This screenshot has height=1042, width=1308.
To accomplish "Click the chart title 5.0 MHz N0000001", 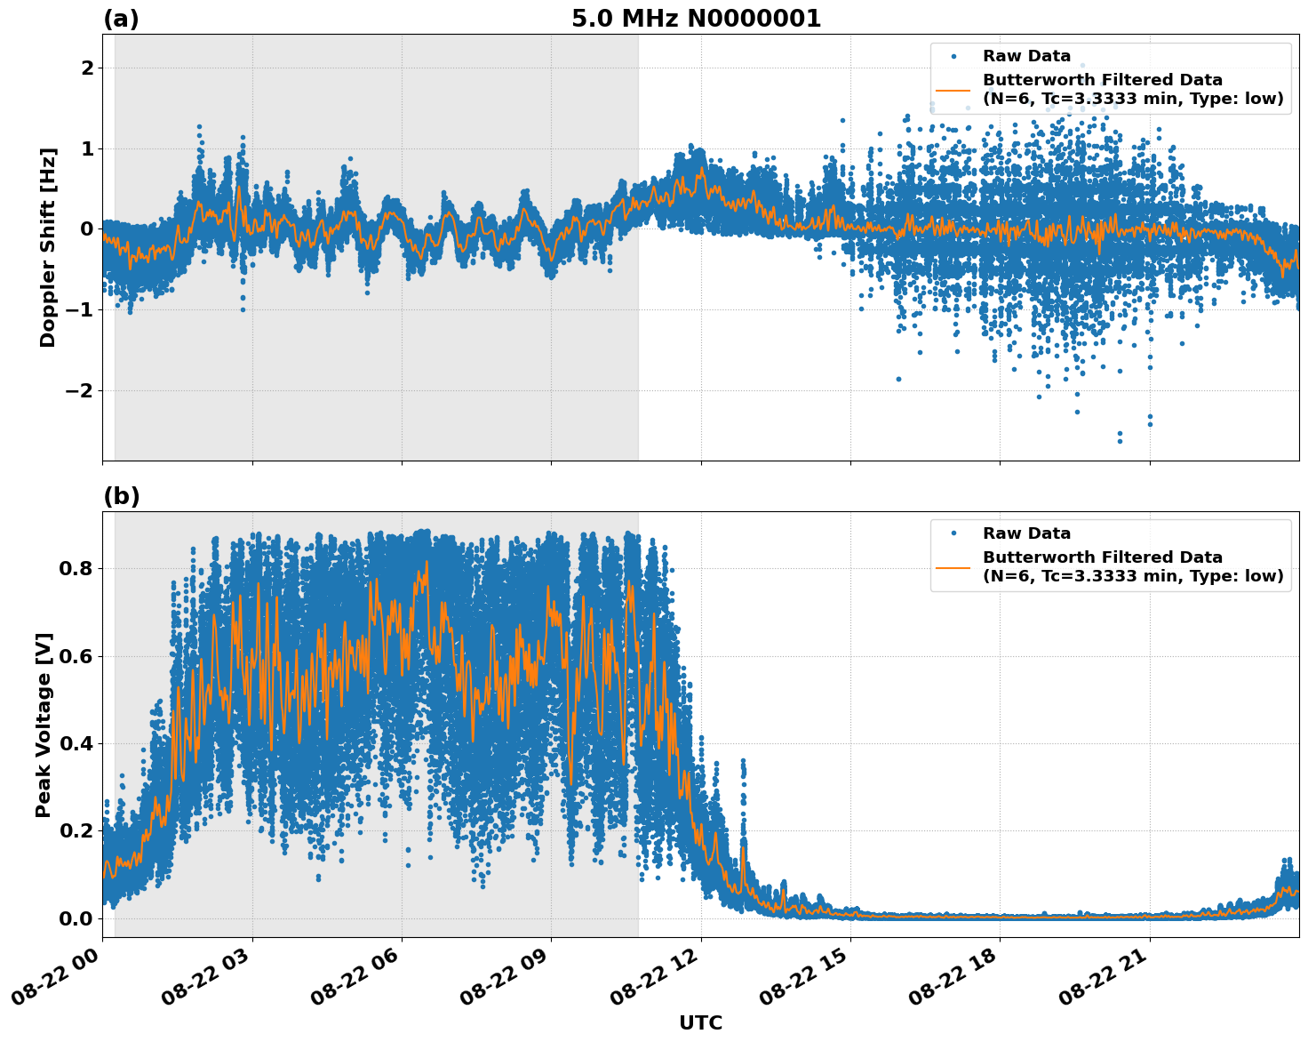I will pos(696,19).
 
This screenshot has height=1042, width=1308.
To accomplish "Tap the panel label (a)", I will pos(121,19).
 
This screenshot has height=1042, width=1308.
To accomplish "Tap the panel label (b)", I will pos(121,496).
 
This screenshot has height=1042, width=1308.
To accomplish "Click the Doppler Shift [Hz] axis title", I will pos(48,247).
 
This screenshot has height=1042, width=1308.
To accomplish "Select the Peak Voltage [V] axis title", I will pos(44,725).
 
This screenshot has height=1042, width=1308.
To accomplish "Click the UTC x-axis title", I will pos(700,1022).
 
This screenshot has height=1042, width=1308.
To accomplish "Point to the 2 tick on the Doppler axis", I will pos(86,68).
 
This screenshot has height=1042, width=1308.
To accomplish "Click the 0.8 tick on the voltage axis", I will pos(76,568).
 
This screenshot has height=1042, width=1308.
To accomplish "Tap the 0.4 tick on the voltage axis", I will pos(76,743).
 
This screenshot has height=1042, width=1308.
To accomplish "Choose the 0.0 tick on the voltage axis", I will pos(76,918).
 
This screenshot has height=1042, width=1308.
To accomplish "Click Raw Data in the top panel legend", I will pos(1026,56).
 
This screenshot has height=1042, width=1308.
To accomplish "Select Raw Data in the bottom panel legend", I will pos(1026,533).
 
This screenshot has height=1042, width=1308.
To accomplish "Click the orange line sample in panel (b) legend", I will pos(953,566).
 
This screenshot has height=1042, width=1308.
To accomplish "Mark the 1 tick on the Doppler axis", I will pos(86,148).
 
